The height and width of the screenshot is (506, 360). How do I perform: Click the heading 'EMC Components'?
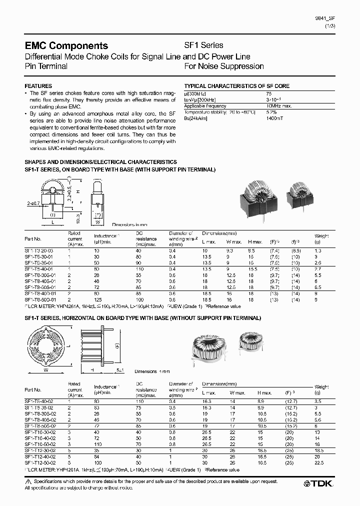66,46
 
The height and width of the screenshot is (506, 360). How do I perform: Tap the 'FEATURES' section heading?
38,86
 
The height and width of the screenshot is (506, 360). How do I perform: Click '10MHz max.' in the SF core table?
278,106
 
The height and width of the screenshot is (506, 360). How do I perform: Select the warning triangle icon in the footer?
27,480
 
